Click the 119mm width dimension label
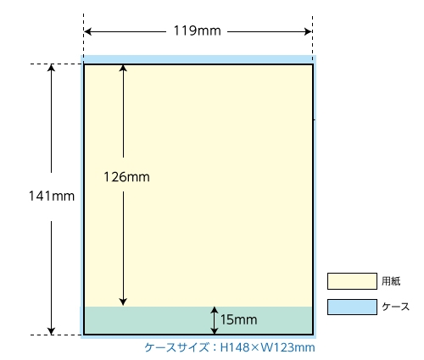click(x=197, y=30)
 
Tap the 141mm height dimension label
click(x=52, y=196)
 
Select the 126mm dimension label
click(x=126, y=177)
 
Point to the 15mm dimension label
click(x=239, y=320)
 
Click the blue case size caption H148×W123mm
click(x=230, y=347)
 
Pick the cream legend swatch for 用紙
click(x=352, y=281)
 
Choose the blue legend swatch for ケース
click(x=352, y=307)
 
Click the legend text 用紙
click(x=391, y=281)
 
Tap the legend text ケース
click(x=395, y=307)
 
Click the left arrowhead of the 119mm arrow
click(x=87, y=31)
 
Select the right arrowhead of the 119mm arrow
click(x=308, y=31)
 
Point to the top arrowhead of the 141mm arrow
click(x=51, y=68)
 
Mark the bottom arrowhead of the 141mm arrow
click(x=51, y=331)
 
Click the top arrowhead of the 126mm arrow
click(x=123, y=69)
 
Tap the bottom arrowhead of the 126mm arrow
click(x=123, y=302)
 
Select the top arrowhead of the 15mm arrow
click(x=215, y=310)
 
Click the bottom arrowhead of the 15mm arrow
click(x=215, y=330)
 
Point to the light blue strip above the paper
click(x=198, y=59)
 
